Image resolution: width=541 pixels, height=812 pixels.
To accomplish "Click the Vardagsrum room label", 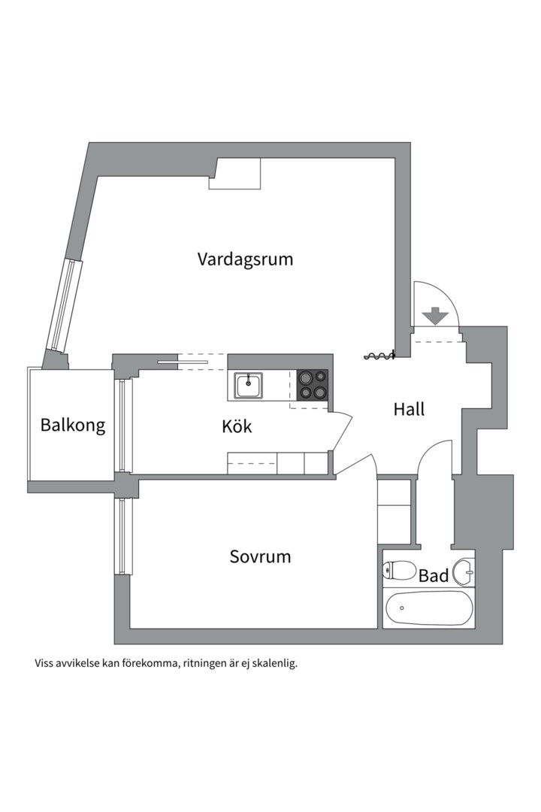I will pyautogui.click(x=245, y=259).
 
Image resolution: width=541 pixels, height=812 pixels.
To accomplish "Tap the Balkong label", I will pyautogui.click(x=73, y=426).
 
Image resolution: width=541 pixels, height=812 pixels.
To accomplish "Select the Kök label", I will pyautogui.click(x=237, y=427).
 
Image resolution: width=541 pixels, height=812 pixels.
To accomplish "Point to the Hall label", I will pyautogui.click(x=409, y=410).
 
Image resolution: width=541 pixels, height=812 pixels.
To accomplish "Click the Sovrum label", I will pyautogui.click(x=260, y=557).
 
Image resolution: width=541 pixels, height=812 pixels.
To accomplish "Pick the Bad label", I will pyautogui.click(x=434, y=577).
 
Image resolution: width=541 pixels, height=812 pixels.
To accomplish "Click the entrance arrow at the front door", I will pyautogui.click(x=434, y=317).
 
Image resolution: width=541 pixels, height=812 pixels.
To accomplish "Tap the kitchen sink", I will pyautogui.click(x=247, y=385).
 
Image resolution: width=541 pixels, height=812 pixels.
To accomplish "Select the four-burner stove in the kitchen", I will pyautogui.click(x=313, y=384).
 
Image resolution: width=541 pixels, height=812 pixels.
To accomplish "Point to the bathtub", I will pyautogui.click(x=428, y=608).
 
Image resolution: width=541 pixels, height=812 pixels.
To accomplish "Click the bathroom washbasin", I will pyautogui.click(x=465, y=572).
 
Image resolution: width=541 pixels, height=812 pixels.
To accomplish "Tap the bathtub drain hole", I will pyautogui.click(x=402, y=607).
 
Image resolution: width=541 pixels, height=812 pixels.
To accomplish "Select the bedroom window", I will pyautogui.click(x=124, y=535).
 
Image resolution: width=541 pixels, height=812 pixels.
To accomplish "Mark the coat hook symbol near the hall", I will pyautogui.click(x=379, y=356).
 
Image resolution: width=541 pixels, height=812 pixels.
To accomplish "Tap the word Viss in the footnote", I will pyautogui.click(x=44, y=664).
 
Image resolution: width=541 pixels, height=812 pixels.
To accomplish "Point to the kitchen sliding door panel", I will pyautogui.click(x=182, y=362).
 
